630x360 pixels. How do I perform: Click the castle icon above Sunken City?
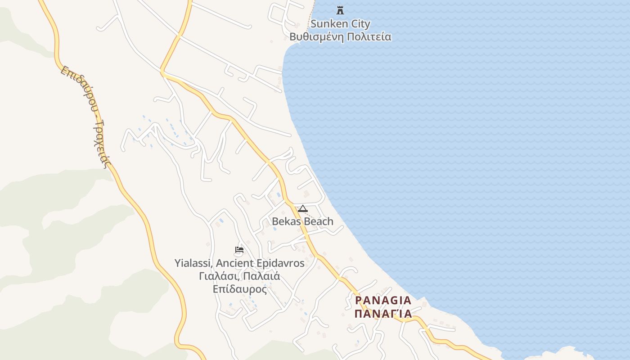340,10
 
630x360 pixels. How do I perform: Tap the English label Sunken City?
340,24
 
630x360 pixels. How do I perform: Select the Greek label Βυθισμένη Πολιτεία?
340,37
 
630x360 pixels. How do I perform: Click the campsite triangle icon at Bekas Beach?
302,209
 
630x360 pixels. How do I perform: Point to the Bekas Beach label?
302,221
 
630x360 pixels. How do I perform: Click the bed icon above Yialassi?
239,250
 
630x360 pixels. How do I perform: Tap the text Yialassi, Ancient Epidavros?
239,263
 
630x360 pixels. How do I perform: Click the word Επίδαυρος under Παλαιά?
240,288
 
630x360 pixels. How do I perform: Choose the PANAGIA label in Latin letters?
383,300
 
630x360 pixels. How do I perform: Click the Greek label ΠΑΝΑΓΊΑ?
383,313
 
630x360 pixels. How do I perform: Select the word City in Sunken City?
360,24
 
